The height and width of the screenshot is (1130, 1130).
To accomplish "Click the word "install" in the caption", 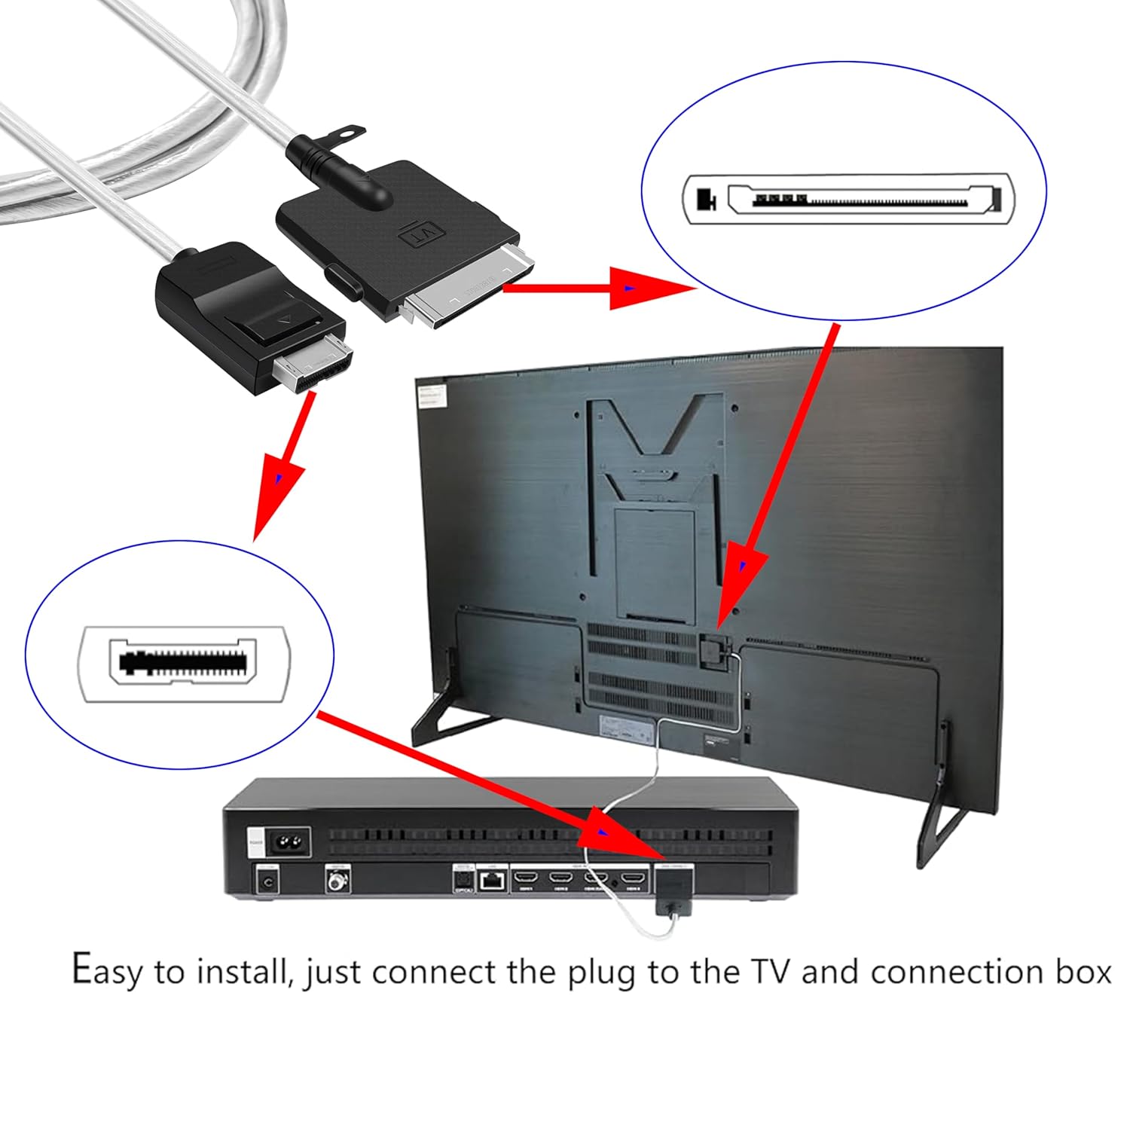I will (x=244, y=971).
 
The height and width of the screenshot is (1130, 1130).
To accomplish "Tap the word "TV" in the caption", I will (x=771, y=971).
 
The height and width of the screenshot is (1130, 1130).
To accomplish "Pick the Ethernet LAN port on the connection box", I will (x=493, y=880).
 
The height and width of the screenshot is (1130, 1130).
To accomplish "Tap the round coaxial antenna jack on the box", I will (x=337, y=878).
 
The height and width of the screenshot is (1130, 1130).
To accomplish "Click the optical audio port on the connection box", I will (x=463, y=879).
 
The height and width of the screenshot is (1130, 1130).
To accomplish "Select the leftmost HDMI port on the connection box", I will (x=526, y=878).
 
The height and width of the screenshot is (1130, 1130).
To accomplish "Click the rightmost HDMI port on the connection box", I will (x=636, y=878).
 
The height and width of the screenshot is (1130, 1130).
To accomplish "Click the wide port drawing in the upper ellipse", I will (x=848, y=200).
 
